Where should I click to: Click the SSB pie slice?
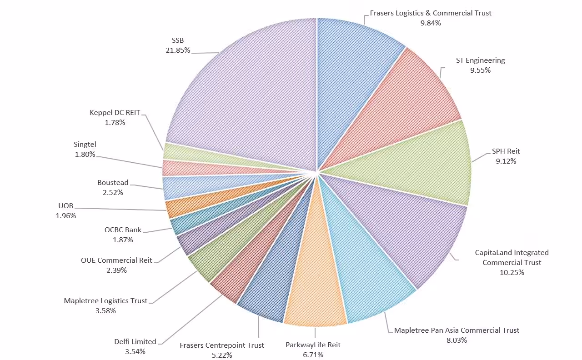tap(246, 91)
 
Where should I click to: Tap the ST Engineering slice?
tap(409, 105)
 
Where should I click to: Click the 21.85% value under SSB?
tap(178, 50)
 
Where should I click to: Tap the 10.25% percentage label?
tap(512, 273)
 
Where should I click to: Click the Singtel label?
tap(85, 145)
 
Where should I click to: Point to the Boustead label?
tap(113, 183)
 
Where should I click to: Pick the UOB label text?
tap(66, 206)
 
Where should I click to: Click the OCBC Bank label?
tap(123, 230)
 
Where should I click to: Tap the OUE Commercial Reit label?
tap(116, 260)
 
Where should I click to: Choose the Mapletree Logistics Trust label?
tap(105, 300)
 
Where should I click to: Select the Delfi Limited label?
tap(135, 341)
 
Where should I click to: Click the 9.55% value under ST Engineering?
tap(480, 70)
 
